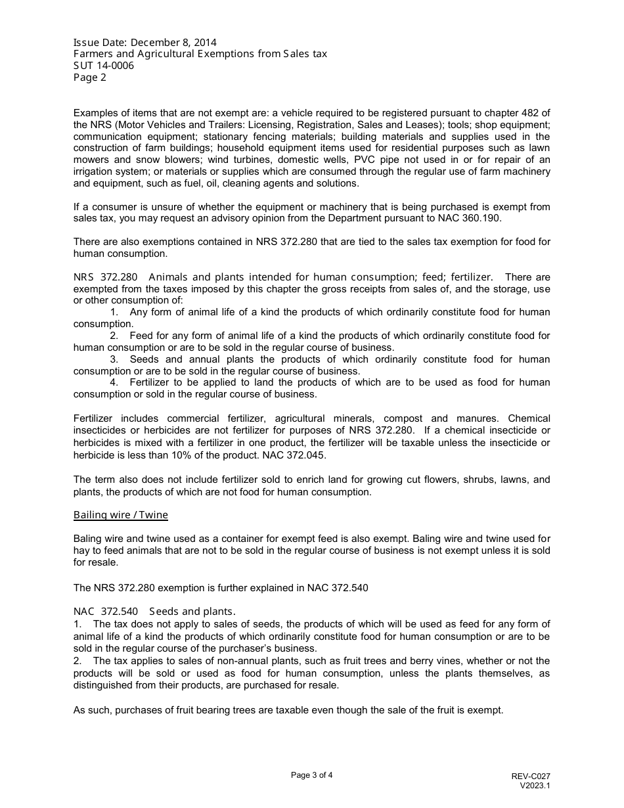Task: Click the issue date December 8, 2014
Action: [173, 43]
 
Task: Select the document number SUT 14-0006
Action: [104, 66]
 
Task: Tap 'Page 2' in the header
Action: [89, 78]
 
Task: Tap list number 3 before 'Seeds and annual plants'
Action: [114, 359]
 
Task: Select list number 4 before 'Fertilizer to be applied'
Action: [114, 382]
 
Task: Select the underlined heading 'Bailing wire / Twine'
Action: [121, 515]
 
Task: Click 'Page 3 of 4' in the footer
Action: [312, 775]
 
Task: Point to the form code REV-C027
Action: [531, 776]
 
